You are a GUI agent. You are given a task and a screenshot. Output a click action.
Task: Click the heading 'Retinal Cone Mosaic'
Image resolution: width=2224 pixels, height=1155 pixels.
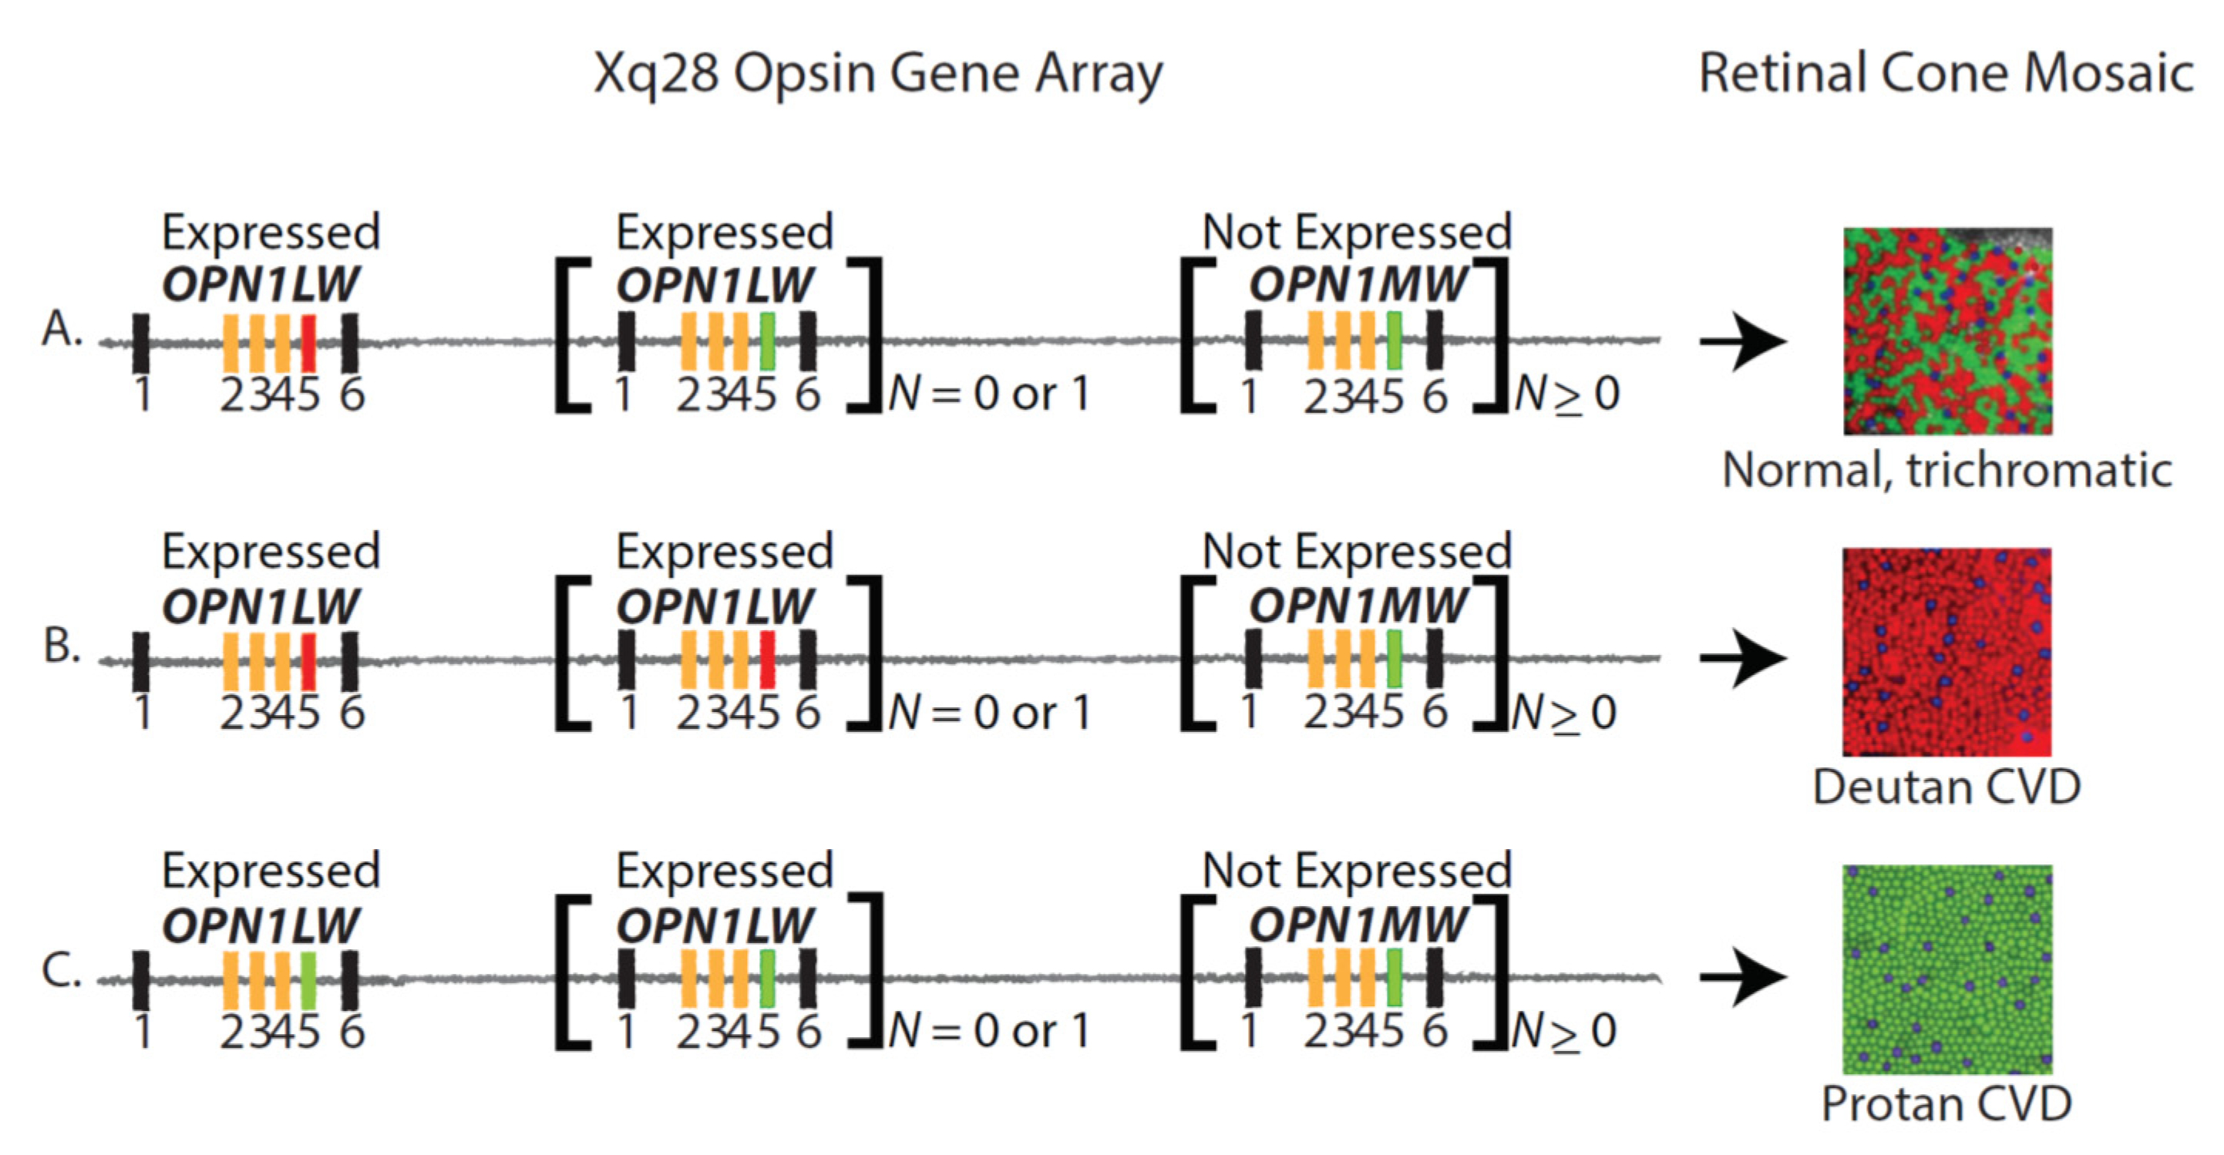(x=1945, y=73)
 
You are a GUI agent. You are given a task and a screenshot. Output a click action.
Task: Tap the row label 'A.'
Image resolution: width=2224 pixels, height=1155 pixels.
(x=62, y=329)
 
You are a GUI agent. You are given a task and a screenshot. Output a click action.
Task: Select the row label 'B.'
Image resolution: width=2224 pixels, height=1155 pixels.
(x=62, y=646)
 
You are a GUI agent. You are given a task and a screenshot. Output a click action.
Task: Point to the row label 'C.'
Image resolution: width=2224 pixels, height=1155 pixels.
(x=62, y=970)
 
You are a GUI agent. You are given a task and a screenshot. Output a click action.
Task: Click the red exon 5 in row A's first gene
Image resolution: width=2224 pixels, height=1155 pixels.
(x=308, y=343)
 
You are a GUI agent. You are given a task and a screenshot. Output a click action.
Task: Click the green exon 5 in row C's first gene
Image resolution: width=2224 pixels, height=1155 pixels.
(x=308, y=981)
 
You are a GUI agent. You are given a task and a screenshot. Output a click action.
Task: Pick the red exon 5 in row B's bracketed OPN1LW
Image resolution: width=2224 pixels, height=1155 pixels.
(x=767, y=660)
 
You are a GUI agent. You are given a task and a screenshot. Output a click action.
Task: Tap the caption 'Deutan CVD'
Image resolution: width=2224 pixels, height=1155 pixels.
(x=1946, y=787)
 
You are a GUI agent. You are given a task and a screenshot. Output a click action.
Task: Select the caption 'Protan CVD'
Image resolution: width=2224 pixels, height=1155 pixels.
(x=1946, y=1104)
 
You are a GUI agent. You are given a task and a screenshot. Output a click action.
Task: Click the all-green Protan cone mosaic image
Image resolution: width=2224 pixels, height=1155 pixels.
(x=1946, y=969)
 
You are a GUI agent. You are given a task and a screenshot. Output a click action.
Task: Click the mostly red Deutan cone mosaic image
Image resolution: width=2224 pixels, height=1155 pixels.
(x=1946, y=652)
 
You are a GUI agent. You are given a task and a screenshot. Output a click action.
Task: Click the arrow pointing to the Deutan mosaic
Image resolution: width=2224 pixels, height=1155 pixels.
(x=1741, y=659)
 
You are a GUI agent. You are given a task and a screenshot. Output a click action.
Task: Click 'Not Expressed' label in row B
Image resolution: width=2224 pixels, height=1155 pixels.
(x=1356, y=552)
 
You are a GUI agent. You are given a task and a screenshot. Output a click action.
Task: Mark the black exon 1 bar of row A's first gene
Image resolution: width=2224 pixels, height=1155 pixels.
(x=141, y=343)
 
